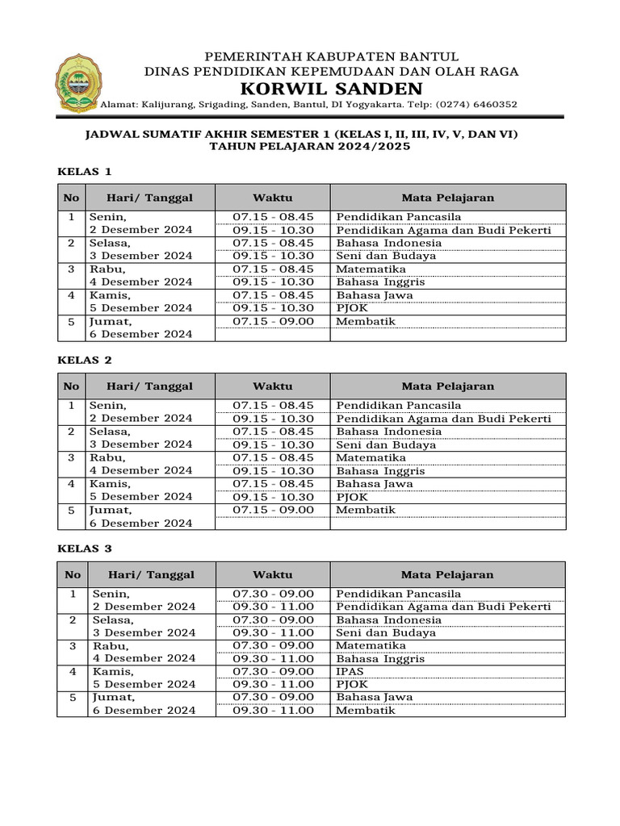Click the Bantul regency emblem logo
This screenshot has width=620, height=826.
[x=78, y=83]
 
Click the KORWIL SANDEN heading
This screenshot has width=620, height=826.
[x=331, y=89]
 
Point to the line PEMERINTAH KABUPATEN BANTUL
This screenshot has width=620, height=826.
[x=331, y=56]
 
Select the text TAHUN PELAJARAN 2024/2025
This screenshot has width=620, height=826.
[x=310, y=147]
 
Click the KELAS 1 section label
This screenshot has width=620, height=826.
[x=84, y=171]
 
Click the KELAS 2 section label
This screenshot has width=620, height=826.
[x=84, y=360]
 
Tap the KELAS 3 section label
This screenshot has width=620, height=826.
[x=84, y=549]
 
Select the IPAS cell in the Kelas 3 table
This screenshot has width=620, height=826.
[x=350, y=671]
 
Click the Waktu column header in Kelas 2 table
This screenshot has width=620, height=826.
[x=272, y=386]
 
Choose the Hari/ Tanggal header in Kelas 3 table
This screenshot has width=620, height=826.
[x=151, y=575]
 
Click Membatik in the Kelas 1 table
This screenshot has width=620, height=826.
[x=366, y=321]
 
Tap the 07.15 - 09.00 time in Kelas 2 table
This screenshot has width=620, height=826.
[x=273, y=510]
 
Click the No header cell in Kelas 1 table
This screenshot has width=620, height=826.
[x=71, y=198]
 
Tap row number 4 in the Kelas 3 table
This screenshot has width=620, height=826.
[x=73, y=671]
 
